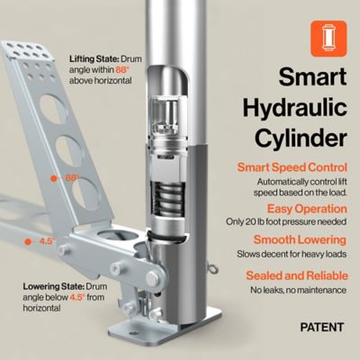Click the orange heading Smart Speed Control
292,167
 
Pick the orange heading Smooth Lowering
299,239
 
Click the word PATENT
320,328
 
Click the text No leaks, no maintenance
296,291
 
